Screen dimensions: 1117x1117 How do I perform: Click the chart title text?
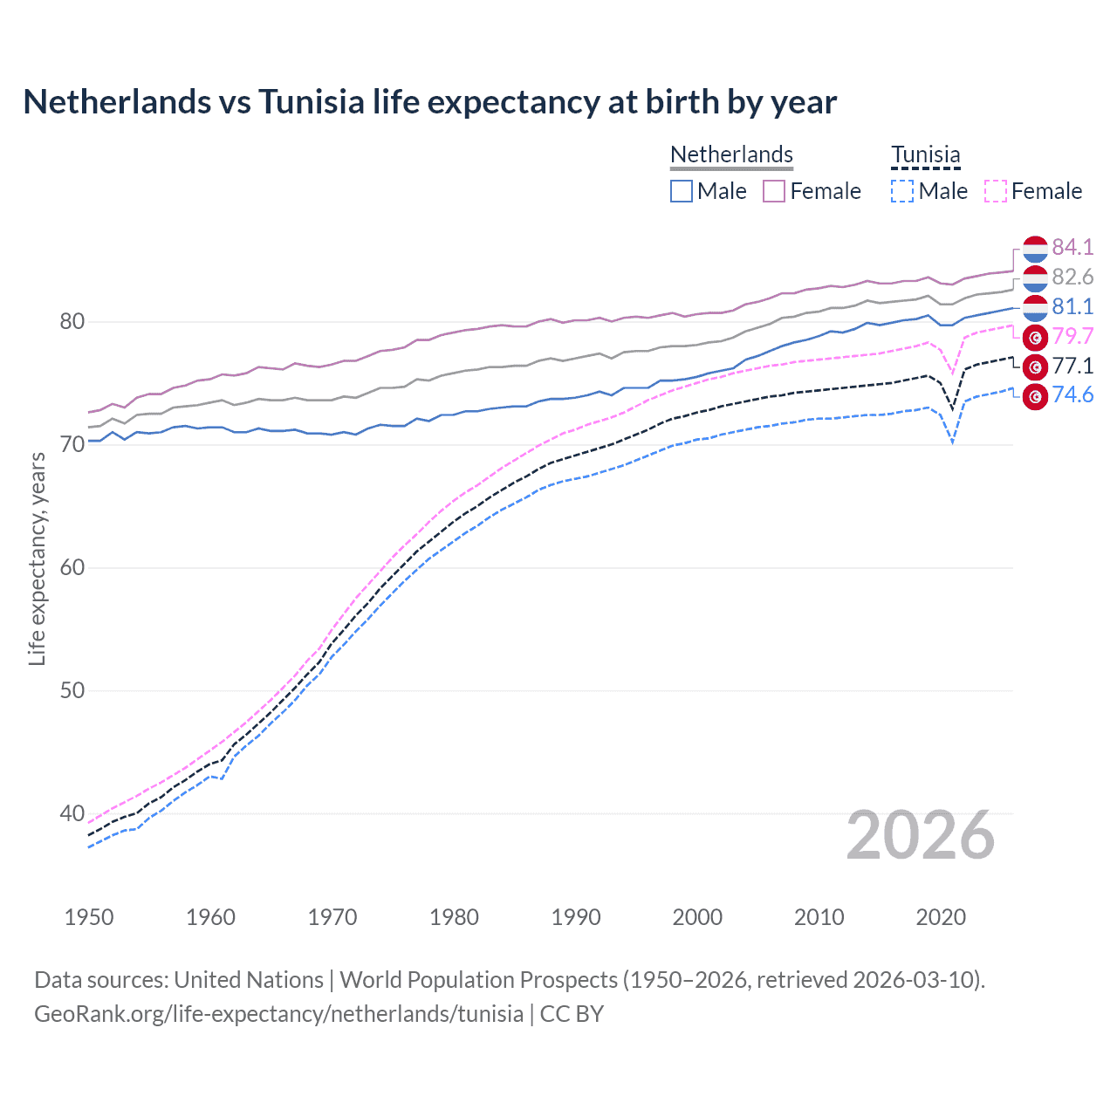[429, 102]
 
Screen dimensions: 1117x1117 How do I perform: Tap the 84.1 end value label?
[1072, 248]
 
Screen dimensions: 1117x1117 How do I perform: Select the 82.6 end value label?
[1072, 278]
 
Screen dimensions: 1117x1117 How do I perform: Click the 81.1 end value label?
[1072, 307]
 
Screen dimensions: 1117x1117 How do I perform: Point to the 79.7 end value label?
[1072, 337]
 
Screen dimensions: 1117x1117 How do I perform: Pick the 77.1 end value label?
[1072, 367]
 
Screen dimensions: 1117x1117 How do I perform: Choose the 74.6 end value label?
[1072, 395]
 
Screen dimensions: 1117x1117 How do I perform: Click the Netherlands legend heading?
[731, 154]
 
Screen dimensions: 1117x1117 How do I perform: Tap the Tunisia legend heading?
[925, 154]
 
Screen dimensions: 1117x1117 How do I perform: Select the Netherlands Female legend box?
[774, 191]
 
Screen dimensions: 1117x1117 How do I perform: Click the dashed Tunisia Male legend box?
[902, 191]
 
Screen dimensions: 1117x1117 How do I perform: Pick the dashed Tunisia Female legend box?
[995, 191]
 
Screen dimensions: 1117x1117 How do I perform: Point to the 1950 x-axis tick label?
[89, 917]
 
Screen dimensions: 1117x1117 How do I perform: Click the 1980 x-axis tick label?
[454, 917]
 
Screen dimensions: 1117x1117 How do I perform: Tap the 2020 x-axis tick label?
[941, 917]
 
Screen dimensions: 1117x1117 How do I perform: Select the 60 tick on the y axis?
[72, 568]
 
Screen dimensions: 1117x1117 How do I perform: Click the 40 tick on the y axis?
[72, 814]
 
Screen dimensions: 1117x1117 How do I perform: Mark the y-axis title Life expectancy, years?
[37, 558]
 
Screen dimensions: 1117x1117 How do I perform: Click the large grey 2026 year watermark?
[921, 836]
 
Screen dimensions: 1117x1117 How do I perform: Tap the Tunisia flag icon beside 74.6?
[1035, 396]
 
